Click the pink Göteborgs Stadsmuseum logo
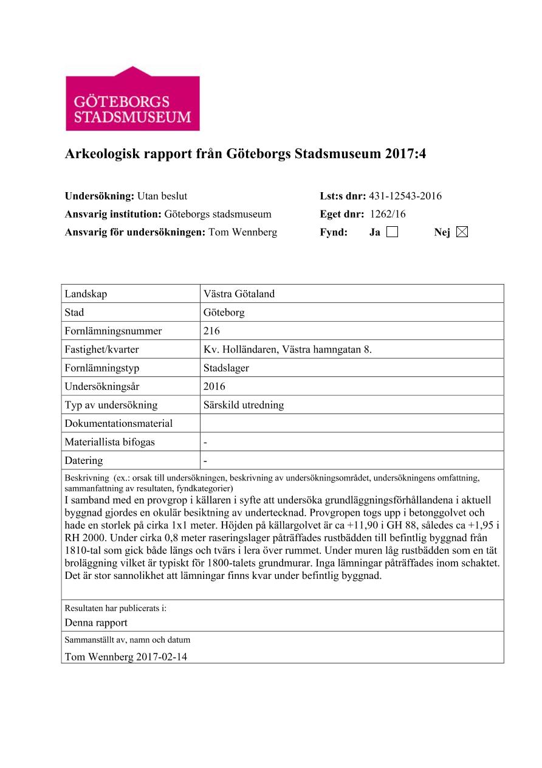coord(132,99)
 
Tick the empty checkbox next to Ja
coord(392,232)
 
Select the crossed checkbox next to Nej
coord(462,232)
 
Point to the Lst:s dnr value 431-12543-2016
coord(405,196)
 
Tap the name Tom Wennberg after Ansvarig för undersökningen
coord(242,232)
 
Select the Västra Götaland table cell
coord(239,294)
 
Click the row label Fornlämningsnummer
coord(114,331)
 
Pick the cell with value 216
coord(212,331)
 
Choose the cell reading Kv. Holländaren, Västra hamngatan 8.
coord(287,350)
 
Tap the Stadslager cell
coord(227,368)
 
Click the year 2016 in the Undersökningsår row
coord(214,387)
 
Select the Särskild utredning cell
coord(244,405)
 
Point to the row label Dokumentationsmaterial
coord(118,424)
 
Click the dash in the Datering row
coord(206,460)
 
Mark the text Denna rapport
coord(96,623)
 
